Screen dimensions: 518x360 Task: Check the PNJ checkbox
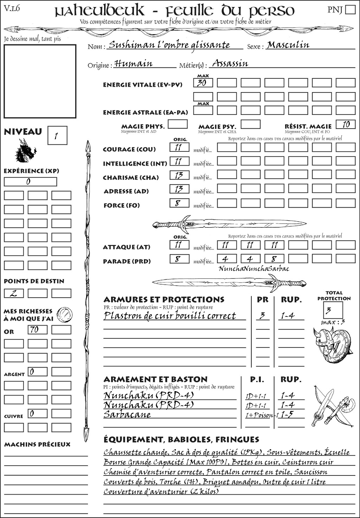click(350, 9)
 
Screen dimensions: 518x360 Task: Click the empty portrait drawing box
click(40, 81)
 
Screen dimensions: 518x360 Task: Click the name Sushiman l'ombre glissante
click(169, 45)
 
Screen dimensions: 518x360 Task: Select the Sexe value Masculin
click(288, 45)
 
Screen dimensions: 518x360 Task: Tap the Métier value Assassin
click(230, 64)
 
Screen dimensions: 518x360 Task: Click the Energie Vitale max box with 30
click(203, 83)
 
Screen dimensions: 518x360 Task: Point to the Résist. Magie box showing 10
click(346, 124)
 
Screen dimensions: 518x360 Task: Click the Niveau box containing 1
click(57, 136)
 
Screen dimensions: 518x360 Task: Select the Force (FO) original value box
click(179, 203)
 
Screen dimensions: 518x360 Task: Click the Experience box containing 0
click(30, 182)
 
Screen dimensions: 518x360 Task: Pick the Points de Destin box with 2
click(14, 293)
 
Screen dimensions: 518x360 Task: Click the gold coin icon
click(65, 314)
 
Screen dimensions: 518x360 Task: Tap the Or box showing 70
click(37, 330)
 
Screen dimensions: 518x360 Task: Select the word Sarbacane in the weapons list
click(127, 415)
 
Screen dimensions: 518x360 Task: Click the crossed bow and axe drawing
click(332, 406)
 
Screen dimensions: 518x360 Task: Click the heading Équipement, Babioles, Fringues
click(181, 440)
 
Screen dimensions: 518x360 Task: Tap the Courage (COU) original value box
click(179, 147)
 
